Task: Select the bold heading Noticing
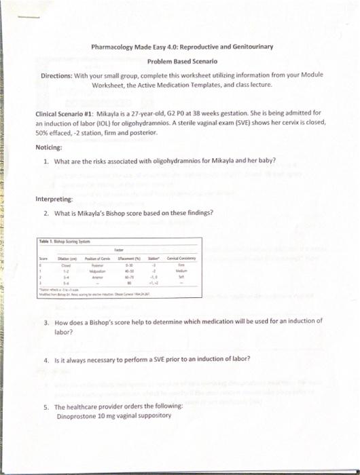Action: [49, 147]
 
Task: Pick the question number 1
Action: [45, 161]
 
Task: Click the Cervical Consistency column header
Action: [181, 259]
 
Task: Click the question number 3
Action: [45, 322]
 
